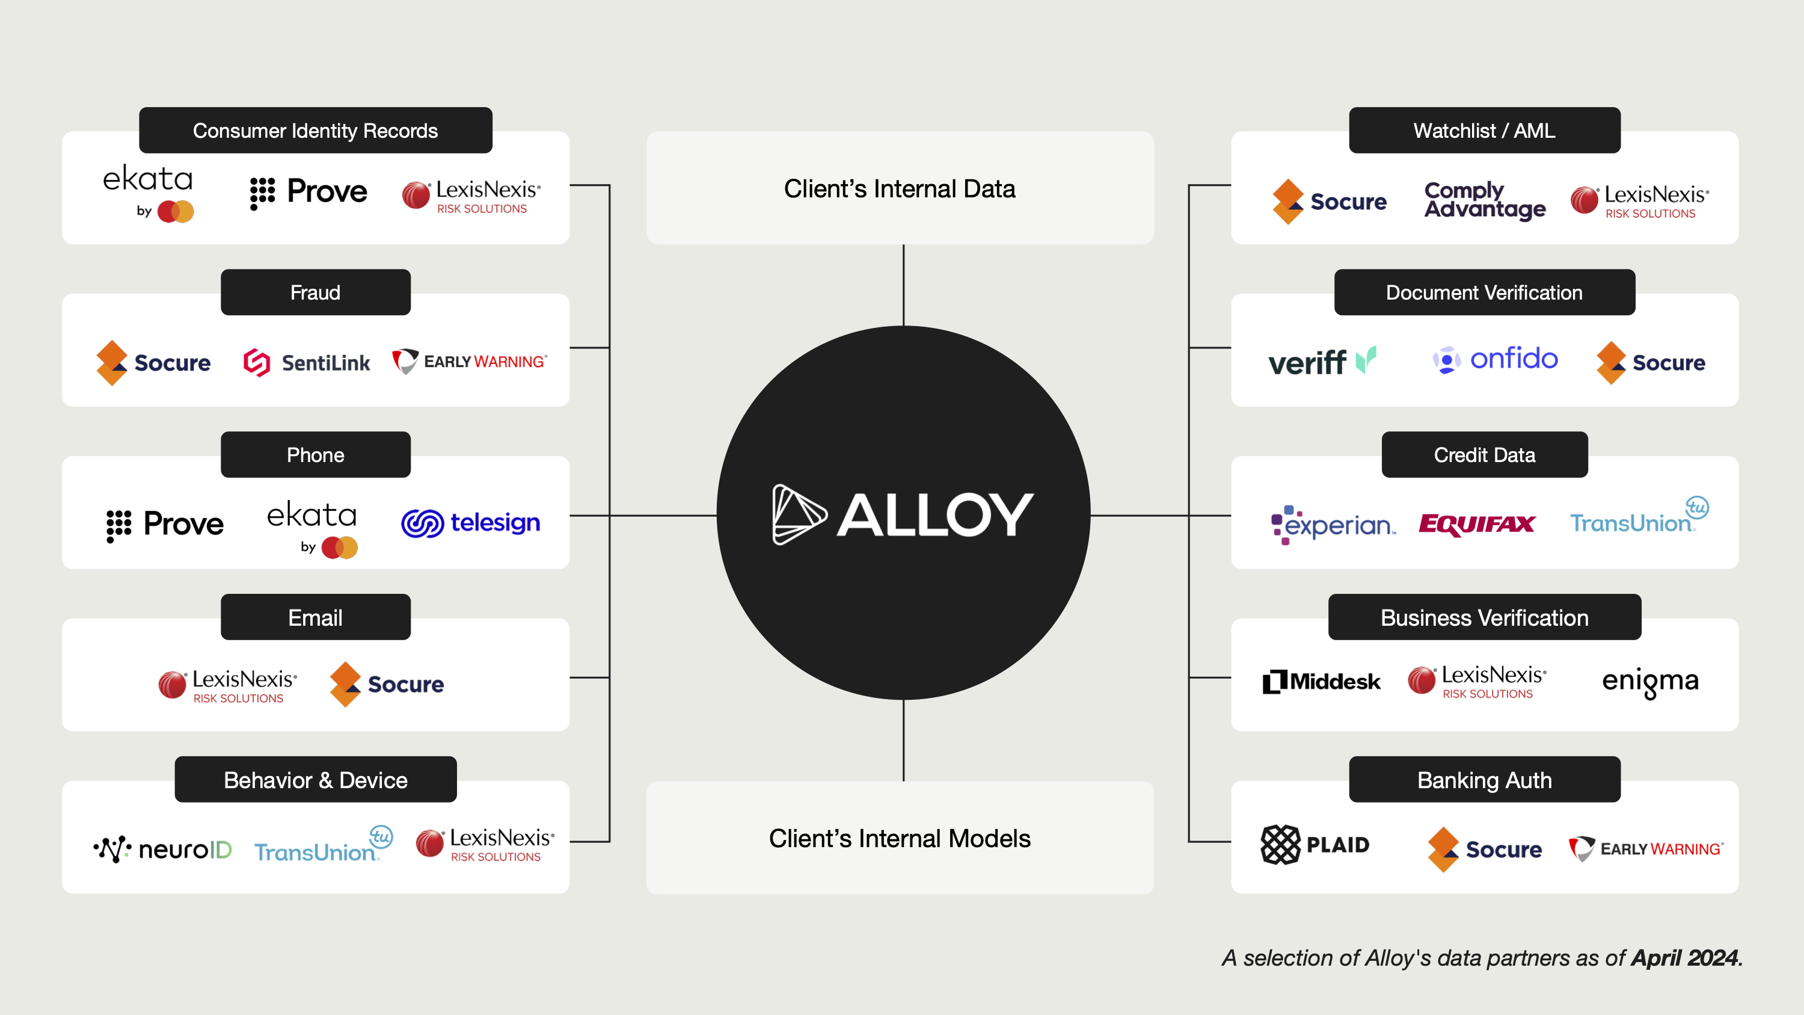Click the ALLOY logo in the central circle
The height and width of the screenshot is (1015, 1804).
pyautogui.click(x=903, y=514)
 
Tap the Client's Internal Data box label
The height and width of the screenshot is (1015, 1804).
pyautogui.click(x=899, y=189)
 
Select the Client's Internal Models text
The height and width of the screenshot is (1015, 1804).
pyautogui.click(x=899, y=839)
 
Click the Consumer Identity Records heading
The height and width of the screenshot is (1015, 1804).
pyautogui.click(x=315, y=131)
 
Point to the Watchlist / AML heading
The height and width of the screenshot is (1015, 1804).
pyautogui.click(x=1484, y=131)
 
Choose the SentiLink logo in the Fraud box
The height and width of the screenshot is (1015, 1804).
pyautogui.click(x=307, y=362)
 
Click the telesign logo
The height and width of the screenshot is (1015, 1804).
pyautogui.click(x=471, y=523)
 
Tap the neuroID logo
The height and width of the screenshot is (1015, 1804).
pyautogui.click(x=162, y=849)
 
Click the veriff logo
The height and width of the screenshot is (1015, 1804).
pyautogui.click(x=1322, y=362)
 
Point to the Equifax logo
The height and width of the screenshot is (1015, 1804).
pyautogui.click(x=1476, y=524)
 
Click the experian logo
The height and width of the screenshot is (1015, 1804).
pyautogui.click(x=1333, y=525)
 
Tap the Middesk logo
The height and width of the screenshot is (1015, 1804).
pyautogui.click(x=1322, y=681)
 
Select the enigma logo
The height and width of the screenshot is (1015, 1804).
pyautogui.click(x=1650, y=681)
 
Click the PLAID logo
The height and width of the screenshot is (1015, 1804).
pyautogui.click(x=1315, y=845)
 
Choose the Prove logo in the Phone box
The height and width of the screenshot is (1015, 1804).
pyautogui.click(x=165, y=524)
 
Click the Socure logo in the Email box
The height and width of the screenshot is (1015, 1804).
pyautogui.click(x=387, y=683)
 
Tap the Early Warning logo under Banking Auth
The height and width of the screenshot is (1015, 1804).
pyautogui.click(x=1646, y=849)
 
